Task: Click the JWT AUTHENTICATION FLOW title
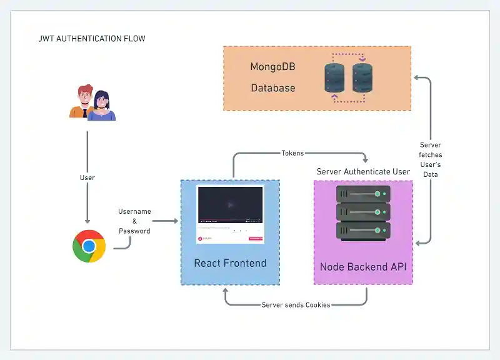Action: (x=92, y=39)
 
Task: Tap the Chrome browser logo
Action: (x=89, y=246)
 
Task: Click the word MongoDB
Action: (x=272, y=67)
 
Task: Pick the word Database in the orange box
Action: (x=272, y=88)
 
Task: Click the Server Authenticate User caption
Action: (x=363, y=172)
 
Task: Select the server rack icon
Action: (x=363, y=212)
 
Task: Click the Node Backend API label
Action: (x=363, y=267)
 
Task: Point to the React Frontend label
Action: (x=230, y=263)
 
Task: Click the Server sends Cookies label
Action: (x=296, y=305)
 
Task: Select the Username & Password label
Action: (x=135, y=221)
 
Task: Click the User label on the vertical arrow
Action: (x=87, y=178)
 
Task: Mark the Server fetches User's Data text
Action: (x=430, y=160)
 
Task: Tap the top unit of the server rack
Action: (x=363, y=194)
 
